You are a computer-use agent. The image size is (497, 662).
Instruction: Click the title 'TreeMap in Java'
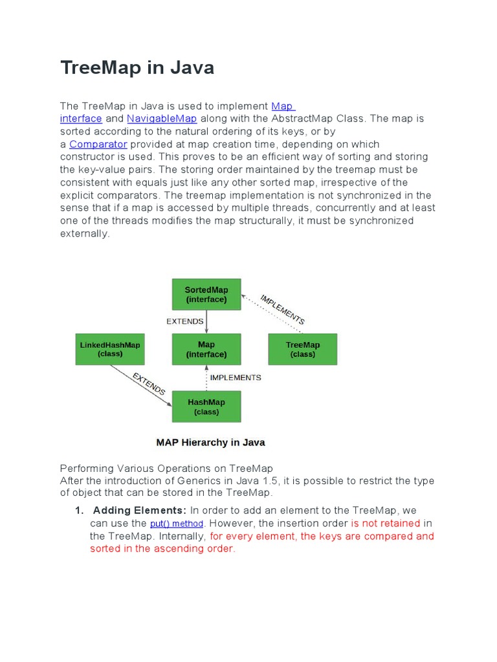click(137, 67)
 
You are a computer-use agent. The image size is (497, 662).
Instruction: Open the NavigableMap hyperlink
click(162, 119)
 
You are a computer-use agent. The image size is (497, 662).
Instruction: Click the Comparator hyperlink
click(98, 144)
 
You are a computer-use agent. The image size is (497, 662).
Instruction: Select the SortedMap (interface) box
click(206, 294)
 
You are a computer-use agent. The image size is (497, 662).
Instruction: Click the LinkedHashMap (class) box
click(110, 349)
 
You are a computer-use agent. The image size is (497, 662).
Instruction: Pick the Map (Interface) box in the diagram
click(206, 349)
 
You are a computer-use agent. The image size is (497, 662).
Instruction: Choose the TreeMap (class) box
click(303, 349)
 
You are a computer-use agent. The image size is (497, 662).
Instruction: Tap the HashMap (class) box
click(206, 407)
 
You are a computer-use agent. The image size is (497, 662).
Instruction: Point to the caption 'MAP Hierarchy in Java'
click(210, 443)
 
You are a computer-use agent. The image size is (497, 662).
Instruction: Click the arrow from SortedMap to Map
click(206, 321)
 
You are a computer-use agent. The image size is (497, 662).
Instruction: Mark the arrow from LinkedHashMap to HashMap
click(139, 384)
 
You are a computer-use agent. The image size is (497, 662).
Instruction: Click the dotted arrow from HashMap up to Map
click(206, 378)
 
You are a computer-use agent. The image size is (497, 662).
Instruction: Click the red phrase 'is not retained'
click(386, 523)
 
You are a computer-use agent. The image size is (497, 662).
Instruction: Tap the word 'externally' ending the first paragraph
click(84, 233)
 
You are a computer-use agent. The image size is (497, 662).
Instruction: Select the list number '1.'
click(81, 511)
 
